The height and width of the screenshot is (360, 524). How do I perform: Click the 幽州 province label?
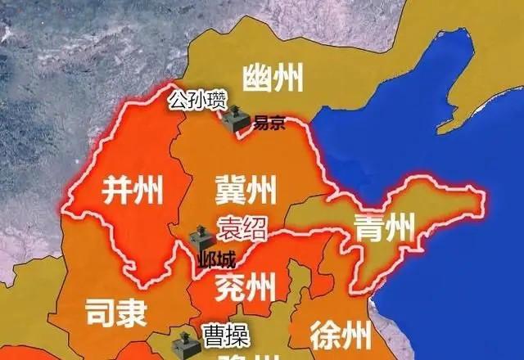pos(273,80)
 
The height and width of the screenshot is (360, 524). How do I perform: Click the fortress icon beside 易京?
pos(233,119)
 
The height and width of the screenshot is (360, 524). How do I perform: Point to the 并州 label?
pos(131,189)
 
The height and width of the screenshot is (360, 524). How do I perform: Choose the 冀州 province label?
pos(246,189)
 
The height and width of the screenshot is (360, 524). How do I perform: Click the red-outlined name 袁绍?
pos(242,227)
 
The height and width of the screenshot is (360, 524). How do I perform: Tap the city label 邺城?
pos(216,263)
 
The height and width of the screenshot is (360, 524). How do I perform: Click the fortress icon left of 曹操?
pos(187,344)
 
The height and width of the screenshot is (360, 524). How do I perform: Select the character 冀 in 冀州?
pos(230,189)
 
